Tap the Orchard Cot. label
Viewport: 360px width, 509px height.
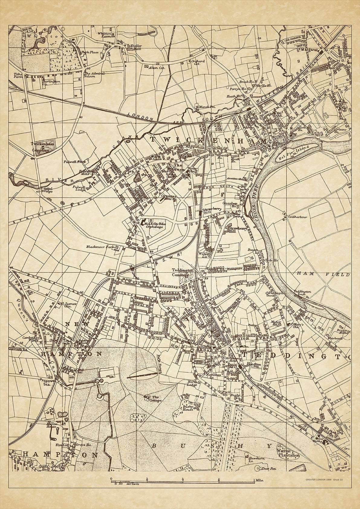[198, 62]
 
